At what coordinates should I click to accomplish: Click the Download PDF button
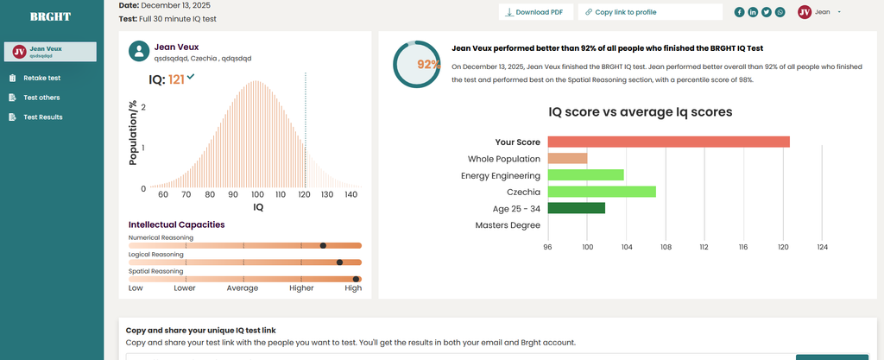(x=534, y=12)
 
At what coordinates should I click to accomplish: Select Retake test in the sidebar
(x=41, y=78)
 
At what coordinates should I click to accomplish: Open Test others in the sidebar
(x=41, y=98)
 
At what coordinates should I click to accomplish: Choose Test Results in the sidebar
(x=42, y=117)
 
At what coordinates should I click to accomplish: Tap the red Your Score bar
(x=668, y=142)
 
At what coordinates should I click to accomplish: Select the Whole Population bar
(x=567, y=159)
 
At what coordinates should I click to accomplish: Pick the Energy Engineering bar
(x=585, y=175)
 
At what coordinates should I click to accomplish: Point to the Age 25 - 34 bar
(x=576, y=208)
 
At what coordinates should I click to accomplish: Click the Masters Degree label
(x=508, y=225)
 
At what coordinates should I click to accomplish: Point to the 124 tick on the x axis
(x=822, y=248)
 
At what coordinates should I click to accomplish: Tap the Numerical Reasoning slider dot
(x=323, y=246)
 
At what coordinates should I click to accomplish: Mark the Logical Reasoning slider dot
(x=339, y=262)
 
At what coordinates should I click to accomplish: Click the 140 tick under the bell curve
(x=350, y=196)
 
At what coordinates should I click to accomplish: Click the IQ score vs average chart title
(x=641, y=112)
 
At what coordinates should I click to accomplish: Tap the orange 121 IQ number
(x=176, y=79)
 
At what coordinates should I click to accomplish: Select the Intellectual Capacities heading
(x=176, y=224)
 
